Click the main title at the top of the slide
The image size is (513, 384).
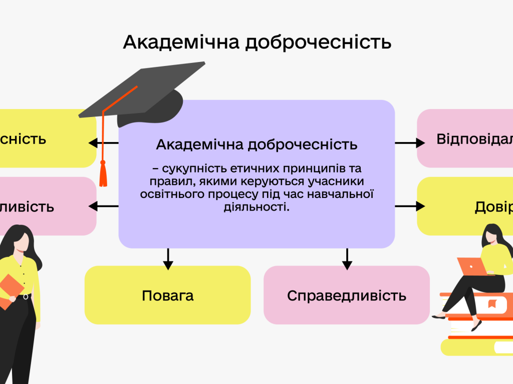tap(256, 42)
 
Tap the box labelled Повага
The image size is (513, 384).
tap(167, 295)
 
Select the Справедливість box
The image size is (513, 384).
tap(346, 295)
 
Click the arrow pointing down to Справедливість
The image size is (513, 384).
tap(346, 258)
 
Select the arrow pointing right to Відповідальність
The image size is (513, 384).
tap(410, 143)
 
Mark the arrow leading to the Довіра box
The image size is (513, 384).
tap(410, 206)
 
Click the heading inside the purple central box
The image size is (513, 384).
tap(256, 144)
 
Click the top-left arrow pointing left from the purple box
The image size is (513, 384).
tap(103, 143)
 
